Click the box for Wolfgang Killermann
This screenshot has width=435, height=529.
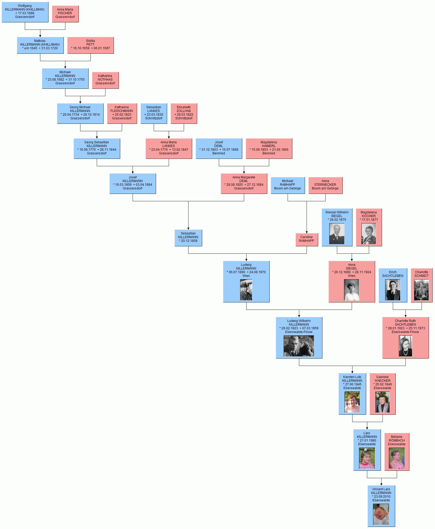25,12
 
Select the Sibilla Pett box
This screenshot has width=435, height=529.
90,45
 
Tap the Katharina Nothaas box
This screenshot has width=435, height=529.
105,80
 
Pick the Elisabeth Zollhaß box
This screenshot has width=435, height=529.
184,114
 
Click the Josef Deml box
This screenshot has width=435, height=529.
219,149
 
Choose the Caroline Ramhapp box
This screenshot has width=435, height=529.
307,240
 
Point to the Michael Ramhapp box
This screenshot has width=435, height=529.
288,185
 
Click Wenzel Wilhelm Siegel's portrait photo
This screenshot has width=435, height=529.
337,234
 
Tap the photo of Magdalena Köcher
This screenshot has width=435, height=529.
369,234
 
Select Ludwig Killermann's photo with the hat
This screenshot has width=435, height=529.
246,290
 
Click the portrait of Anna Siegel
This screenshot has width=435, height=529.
352,290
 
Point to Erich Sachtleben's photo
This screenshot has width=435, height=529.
393,290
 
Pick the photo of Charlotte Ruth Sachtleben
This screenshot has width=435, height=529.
405,346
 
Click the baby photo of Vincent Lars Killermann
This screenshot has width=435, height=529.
381,515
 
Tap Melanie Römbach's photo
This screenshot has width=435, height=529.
397,458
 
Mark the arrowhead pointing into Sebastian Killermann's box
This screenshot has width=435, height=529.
188,228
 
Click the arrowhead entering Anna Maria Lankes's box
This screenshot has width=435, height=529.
169,137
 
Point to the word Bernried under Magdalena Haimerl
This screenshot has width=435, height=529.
269,153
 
